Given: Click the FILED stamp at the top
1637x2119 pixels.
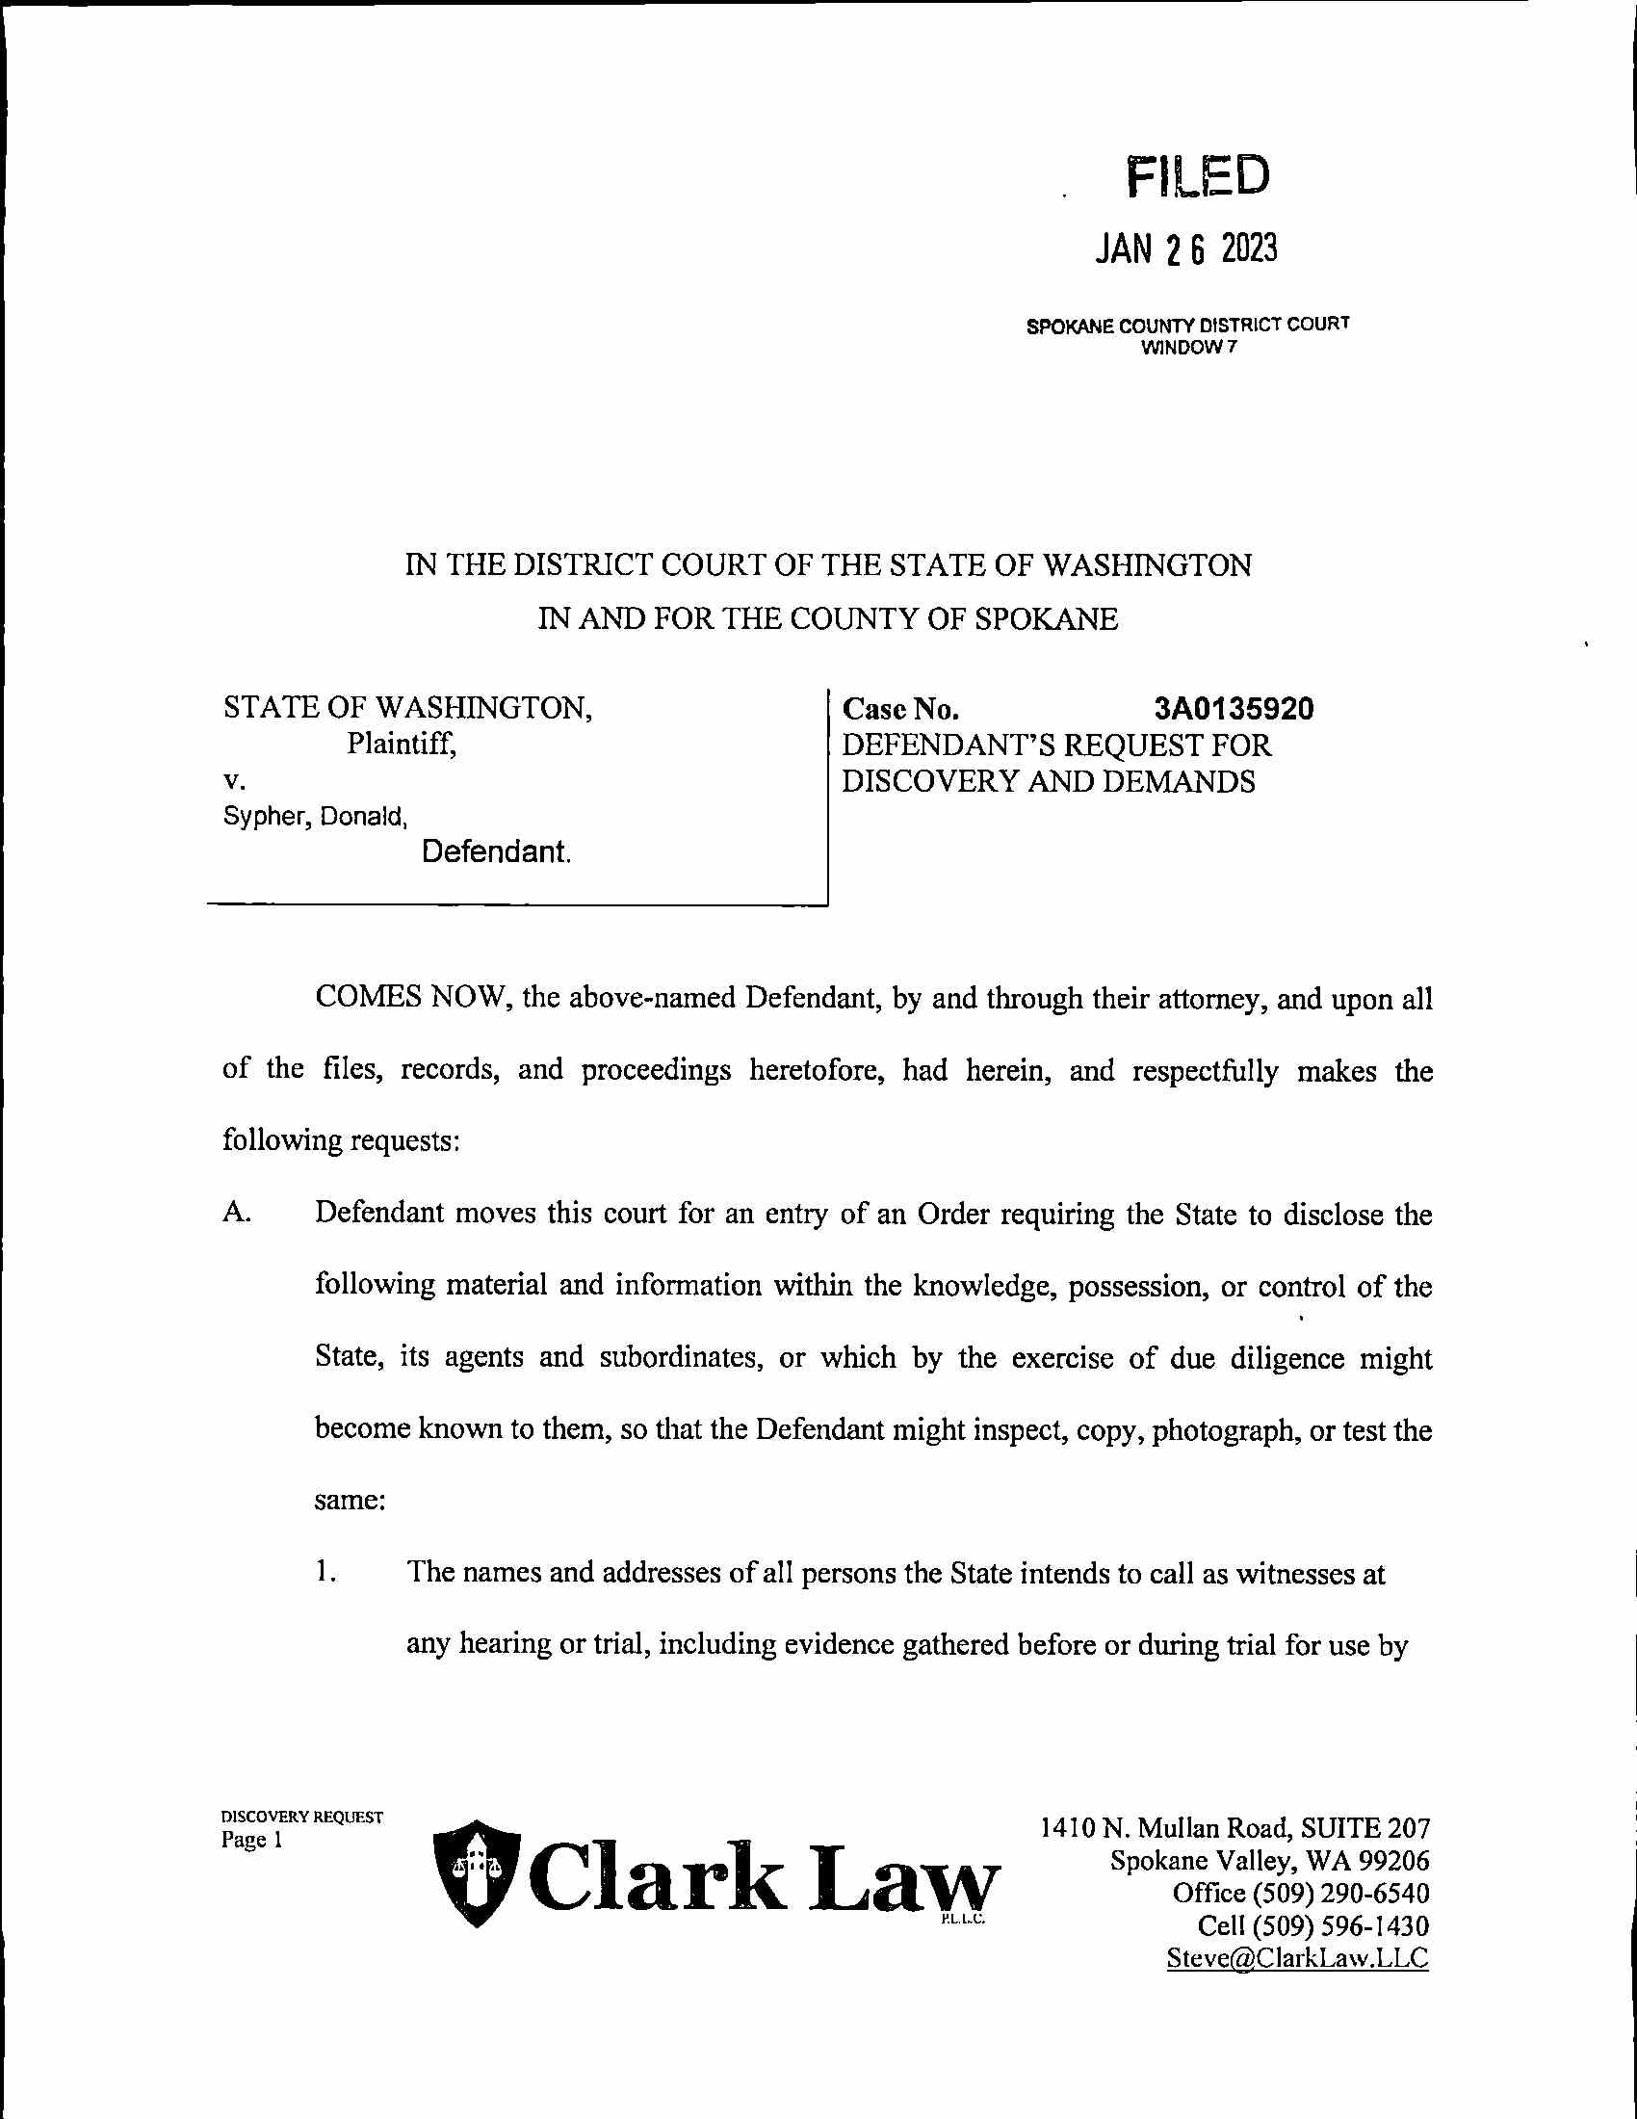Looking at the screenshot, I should coord(1198,175).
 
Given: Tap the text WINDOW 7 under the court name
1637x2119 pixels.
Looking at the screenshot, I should coord(1189,349).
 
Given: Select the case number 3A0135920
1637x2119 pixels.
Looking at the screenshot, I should coord(1234,709).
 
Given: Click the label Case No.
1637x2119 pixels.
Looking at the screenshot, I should coord(901,709).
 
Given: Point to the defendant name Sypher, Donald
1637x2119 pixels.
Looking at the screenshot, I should coord(315,817).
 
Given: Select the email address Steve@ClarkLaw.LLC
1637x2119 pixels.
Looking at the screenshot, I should coord(1297,1957).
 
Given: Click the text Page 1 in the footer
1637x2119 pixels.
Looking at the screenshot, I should coord(251,1841).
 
